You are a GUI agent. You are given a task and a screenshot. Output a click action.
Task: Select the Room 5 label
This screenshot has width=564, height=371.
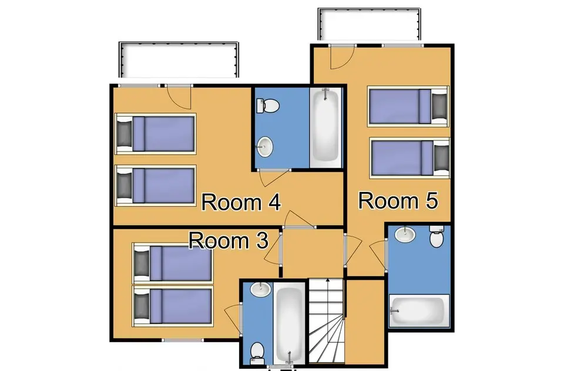click(x=398, y=201)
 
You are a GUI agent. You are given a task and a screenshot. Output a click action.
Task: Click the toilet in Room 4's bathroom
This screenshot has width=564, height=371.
click(x=268, y=106)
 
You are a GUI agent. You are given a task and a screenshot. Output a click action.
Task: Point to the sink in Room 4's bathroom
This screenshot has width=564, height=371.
click(x=266, y=146)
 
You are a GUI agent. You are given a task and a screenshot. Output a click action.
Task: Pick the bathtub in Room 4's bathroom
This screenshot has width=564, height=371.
click(x=325, y=126)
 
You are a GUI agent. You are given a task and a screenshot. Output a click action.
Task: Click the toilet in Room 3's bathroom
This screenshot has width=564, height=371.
click(x=256, y=351)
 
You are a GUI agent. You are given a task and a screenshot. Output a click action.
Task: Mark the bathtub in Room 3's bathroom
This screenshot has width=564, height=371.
click(x=288, y=323)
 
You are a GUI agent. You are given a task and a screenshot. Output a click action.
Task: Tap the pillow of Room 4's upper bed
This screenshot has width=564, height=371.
click(x=124, y=133)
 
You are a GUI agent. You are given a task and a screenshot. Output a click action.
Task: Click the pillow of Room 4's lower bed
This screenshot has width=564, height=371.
click(x=124, y=185)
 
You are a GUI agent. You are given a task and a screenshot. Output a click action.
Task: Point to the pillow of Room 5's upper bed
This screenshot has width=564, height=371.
click(x=439, y=106)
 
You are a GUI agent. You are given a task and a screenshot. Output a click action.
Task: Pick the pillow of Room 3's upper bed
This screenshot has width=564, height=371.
click(x=142, y=263)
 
